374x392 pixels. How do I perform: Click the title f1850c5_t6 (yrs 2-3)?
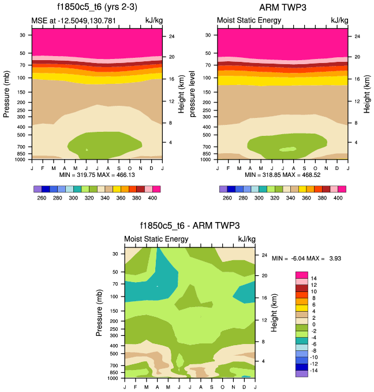tap(96, 8)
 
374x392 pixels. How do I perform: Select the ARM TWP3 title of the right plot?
tap(283, 8)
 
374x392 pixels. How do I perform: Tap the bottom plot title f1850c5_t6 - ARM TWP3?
tap(189, 226)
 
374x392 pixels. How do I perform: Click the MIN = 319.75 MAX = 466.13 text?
tap(96, 174)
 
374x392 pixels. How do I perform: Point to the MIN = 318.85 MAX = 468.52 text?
tap(282, 174)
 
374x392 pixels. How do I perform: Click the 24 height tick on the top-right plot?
tap(357, 36)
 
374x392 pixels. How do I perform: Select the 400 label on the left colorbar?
tap(152, 198)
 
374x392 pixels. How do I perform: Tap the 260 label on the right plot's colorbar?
tap(227, 198)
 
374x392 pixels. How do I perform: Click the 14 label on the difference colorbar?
tap(315, 278)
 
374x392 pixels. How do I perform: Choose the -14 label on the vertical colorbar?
tap(316, 370)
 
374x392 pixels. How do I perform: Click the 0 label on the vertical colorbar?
tap(315, 324)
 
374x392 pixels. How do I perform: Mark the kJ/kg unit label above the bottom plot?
tap(246, 239)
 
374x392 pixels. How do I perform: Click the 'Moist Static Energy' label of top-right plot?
tap(249, 20)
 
